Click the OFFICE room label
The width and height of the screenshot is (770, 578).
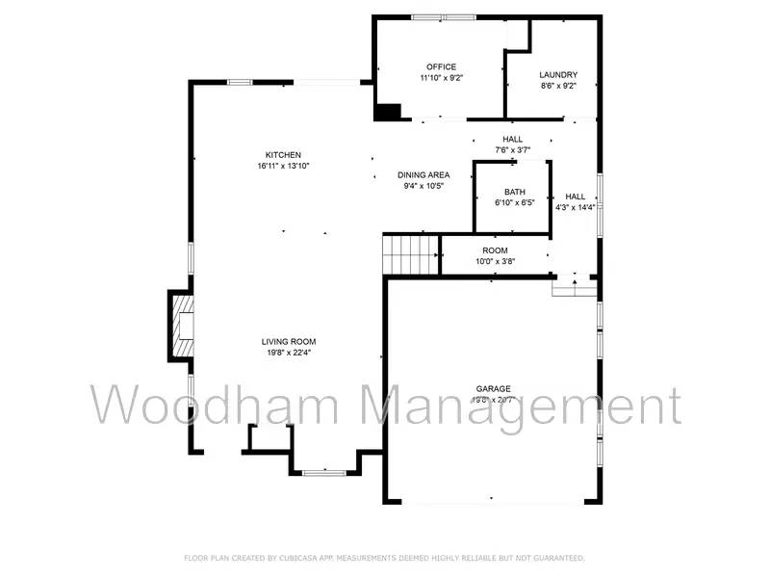(442, 66)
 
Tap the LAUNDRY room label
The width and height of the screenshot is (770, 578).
(558, 74)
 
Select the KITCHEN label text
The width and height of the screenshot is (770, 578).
(284, 155)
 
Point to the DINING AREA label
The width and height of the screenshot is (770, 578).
(423, 174)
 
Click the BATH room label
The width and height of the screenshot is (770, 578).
(514, 192)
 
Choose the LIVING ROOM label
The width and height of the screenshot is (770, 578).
(289, 341)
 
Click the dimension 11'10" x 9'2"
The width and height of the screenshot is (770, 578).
(442, 78)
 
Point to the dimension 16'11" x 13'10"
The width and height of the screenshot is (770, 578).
(284, 166)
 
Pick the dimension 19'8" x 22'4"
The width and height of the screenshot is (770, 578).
(289, 352)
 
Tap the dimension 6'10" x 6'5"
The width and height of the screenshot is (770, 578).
(514, 202)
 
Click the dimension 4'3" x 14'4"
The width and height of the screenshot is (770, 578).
(576, 207)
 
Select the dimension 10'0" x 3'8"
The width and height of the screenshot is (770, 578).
(495, 261)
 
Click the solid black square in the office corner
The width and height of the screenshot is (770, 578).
(387, 113)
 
